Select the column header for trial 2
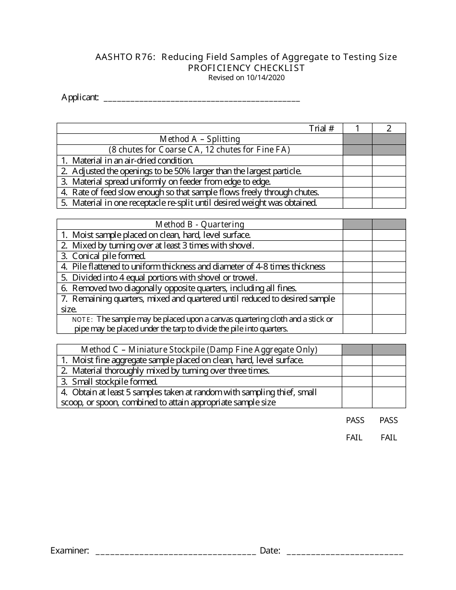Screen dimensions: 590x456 click(x=389, y=128)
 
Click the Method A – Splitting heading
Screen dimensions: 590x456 click(x=200, y=139)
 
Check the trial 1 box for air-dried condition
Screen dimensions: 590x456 click(x=357, y=161)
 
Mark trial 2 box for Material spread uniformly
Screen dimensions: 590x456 click(x=389, y=182)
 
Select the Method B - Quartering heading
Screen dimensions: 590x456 click(x=200, y=224)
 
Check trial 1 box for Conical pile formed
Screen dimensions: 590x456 click(x=357, y=256)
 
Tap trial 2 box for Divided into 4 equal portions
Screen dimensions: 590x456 click(x=389, y=277)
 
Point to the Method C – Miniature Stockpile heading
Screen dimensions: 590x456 click(x=199, y=350)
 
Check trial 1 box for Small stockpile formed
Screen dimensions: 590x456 click(x=357, y=381)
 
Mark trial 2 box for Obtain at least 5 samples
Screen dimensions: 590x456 click(x=389, y=397)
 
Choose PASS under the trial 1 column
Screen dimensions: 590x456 click(x=355, y=420)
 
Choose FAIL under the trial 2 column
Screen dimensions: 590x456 click(x=389, y=437)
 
